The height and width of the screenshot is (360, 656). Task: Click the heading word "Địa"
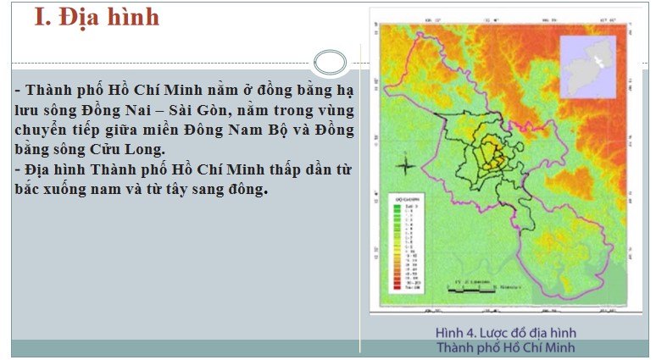pyautogui.click(x=86, y=18)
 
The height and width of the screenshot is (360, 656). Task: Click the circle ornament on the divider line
pyautogui.click(x=329, y=62)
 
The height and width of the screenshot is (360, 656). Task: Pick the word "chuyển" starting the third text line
pyautogui.click(x=43, y=130)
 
